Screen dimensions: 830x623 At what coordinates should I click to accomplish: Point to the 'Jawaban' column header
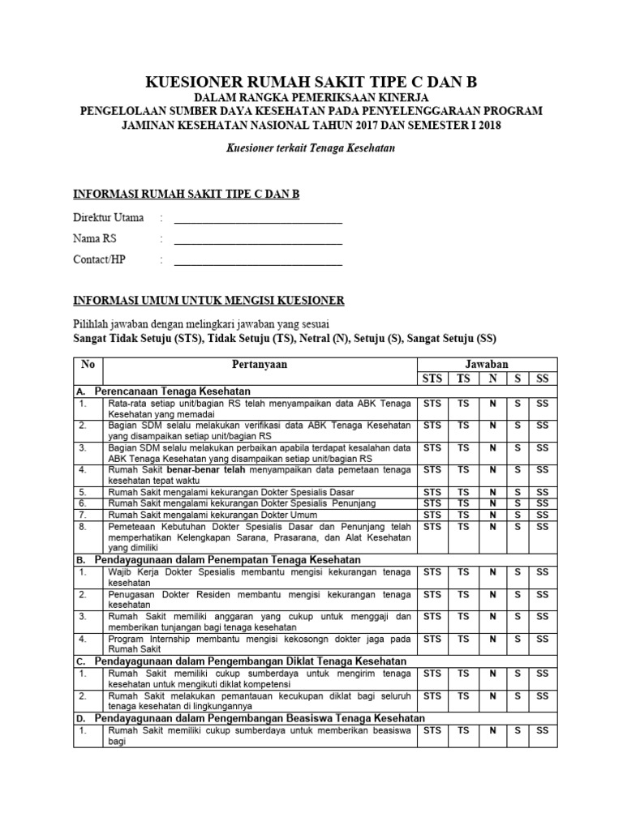coord(486,365)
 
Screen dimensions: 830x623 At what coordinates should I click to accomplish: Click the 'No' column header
coord(89,365)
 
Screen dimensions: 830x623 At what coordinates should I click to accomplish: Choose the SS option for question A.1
coord(543,403)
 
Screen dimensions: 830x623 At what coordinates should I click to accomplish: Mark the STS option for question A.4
coord(433,469)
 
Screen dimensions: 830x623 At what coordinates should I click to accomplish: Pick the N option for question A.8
coord(491,526)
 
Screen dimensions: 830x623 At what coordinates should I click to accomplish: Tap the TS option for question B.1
coord(463,571)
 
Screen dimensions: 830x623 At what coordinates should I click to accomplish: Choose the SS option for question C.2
coord(543,695)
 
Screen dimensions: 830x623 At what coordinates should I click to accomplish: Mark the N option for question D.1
coord(491,730)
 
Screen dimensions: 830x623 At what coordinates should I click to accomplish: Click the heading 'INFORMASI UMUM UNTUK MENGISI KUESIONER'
coord(208,301)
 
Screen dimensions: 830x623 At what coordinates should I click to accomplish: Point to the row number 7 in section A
coord(82,515)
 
